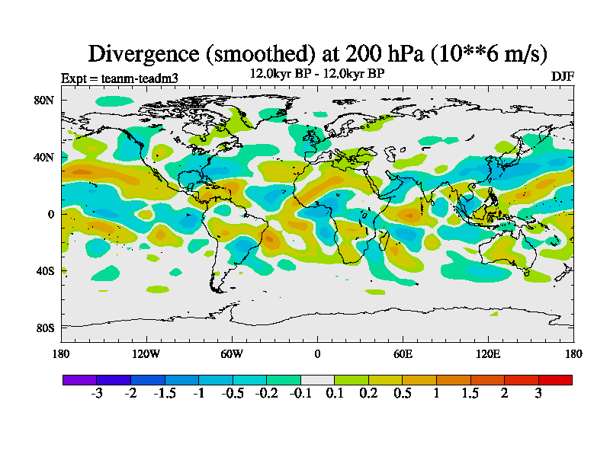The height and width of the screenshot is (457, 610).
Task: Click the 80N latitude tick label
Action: (x=44, y=100)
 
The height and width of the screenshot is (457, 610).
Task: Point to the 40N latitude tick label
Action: (x=44, y=157)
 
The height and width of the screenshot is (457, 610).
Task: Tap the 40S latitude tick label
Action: (x=44, y=271)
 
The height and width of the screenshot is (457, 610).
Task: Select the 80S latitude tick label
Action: (x=44, y=328)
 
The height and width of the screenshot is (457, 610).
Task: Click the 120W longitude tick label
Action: (x=146, y=353)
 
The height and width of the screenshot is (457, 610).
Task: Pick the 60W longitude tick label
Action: (x=232, y=353)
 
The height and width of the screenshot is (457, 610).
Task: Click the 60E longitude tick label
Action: (x=403, y=353)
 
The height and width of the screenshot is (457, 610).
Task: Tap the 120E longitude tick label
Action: (x=488, y=353)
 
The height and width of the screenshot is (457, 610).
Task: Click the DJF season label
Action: (x=562, y=76)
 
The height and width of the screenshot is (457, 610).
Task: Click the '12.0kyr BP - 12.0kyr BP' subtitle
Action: (x=317, y=73)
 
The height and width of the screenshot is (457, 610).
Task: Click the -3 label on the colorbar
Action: (x=97, y=393)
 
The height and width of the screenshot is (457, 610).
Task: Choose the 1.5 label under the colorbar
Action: (x=470, y=393)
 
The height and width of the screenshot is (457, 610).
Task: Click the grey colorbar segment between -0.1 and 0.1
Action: (x=317, y=379)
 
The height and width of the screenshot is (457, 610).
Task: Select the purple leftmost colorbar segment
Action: (x=79, y=379)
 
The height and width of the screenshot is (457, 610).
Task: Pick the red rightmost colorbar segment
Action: (x=555, y=379)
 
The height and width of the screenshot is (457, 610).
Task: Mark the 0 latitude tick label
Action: (x=50, y=214)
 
